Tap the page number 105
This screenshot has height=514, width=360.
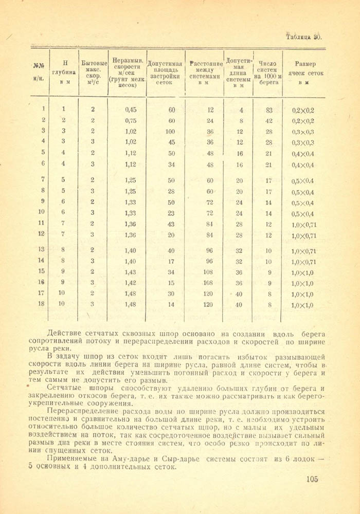312,479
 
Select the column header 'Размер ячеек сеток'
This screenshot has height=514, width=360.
309,72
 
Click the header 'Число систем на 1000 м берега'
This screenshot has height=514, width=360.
268,72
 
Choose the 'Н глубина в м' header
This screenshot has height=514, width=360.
64,72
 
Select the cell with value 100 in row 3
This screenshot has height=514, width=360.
170,131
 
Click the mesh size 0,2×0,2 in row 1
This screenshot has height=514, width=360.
303,110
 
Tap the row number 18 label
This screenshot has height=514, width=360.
41,303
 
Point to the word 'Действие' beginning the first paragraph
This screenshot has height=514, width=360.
64,333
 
